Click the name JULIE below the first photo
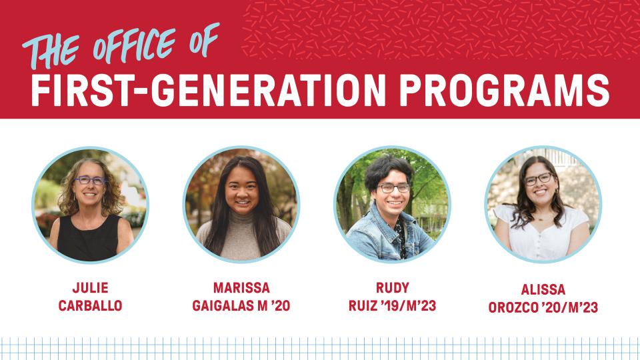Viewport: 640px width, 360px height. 90,288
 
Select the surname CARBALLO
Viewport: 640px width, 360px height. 90,307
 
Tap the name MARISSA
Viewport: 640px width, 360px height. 241,288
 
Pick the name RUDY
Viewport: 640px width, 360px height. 392,288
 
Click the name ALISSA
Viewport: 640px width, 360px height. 543,290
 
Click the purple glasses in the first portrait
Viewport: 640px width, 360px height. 90,181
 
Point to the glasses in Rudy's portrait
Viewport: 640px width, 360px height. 393,188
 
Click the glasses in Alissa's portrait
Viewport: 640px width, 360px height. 539,179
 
